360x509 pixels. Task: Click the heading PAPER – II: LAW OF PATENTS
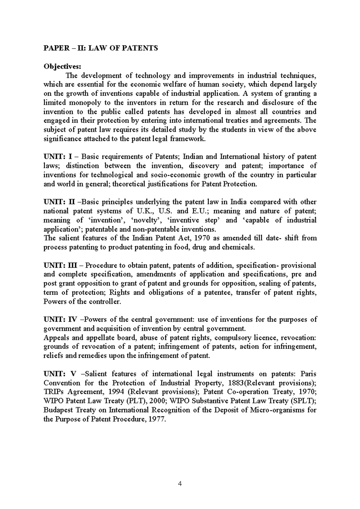pos(101,48)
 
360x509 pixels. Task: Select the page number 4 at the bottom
pos(180,484)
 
